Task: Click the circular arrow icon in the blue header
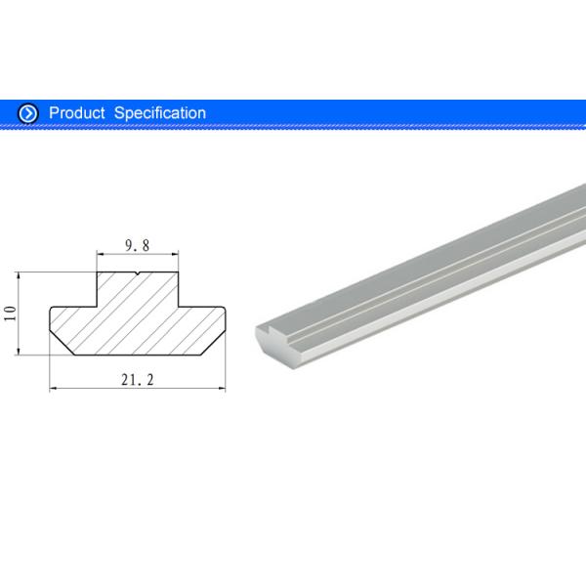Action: [x=28, y=113]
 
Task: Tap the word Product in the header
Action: [x=76, y=113]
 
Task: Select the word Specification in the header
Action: [x=160, y=113]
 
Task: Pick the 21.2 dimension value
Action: [x=138, y=379]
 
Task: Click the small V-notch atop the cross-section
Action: [x=138, y=274]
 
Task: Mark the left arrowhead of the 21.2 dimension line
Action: [x=54, y=389]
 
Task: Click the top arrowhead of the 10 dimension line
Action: [x=20, y=275]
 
